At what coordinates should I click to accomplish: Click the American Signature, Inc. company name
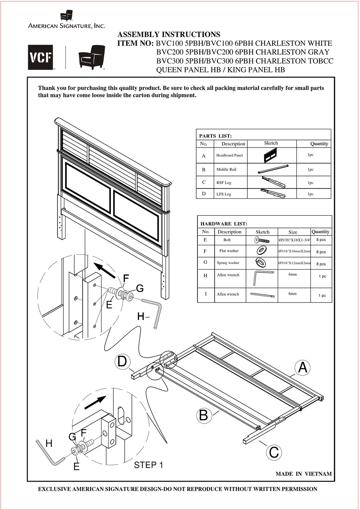point(66,26)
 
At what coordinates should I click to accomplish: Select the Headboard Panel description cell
point(229,155)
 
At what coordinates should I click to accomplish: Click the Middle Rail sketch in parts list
point(271,169)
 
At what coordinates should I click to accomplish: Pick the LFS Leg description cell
point(224,194)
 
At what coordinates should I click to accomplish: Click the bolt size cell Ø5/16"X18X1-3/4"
point(294,240)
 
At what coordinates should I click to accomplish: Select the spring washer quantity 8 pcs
point(321,264)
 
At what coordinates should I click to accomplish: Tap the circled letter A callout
point(303,368)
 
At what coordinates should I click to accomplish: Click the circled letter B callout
point(203,416)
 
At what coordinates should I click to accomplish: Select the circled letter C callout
point(274,452)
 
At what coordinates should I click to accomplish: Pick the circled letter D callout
point(122,361)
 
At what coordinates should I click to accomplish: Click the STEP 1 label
point(149,465)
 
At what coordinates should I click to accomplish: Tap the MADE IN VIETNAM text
point(304,474)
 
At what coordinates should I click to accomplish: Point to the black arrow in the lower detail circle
point(95,403)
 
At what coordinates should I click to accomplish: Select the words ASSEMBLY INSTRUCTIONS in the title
point(169,35)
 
